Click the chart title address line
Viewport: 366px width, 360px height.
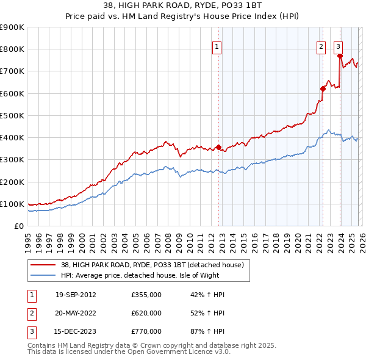click(x=183, y=6)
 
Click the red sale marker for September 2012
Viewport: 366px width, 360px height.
click(x=218, y=147)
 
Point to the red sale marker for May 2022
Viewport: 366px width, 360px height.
click(x=323, y=88)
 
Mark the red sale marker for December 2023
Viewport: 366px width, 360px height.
click(x=340, y=56)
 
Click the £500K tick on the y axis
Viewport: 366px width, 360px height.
click(x=12, y=115)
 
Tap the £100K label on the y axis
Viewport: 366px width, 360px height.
click(x=12, y=204)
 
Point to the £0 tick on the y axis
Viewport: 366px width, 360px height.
click(x=18, y=226)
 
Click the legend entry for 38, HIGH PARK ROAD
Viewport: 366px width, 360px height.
click(x=152, y=265)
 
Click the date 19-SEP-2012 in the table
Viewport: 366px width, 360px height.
click(x=76, y=295)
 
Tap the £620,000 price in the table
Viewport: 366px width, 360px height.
click(x=146, y=313)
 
